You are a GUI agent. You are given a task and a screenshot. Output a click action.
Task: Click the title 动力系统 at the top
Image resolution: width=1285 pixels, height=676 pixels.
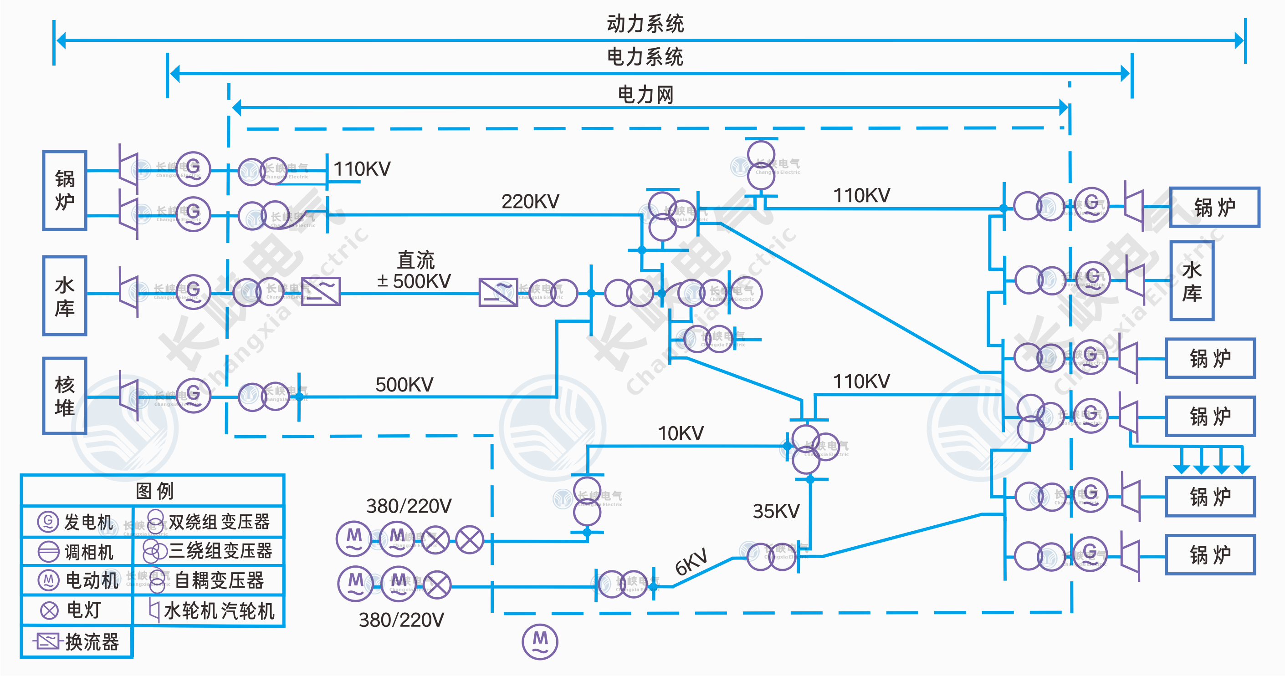point(645,23)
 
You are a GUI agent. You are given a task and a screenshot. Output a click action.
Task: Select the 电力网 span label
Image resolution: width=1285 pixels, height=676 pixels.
point(645,95)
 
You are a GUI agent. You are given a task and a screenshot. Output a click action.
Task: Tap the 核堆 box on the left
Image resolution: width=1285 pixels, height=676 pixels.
point(65,395)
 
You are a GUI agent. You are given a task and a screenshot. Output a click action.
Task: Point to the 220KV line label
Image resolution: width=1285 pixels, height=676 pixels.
point(530,201)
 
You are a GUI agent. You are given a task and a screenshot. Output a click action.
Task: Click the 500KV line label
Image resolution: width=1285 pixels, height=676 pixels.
point(404,384)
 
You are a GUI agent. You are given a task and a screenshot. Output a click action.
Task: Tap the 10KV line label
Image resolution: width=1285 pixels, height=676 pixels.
point(681,433)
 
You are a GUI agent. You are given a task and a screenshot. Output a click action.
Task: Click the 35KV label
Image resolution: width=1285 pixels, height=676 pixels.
point(776,511)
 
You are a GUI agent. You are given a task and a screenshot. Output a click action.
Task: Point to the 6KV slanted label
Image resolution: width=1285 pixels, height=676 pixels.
point(691,562)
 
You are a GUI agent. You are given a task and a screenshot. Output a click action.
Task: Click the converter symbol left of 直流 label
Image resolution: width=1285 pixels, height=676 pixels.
point(321,291)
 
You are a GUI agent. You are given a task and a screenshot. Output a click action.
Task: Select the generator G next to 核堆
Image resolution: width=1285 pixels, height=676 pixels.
point(193,395)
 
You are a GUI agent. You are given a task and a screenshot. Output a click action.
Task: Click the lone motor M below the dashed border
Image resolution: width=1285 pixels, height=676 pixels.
point(540,641)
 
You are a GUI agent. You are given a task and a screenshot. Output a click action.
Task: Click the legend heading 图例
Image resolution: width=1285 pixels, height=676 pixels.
point(154,491)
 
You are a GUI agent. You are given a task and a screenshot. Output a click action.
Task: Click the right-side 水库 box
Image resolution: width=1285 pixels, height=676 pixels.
point(1192,281)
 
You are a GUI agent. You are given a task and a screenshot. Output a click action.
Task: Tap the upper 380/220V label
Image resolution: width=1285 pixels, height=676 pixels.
point(409,506)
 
